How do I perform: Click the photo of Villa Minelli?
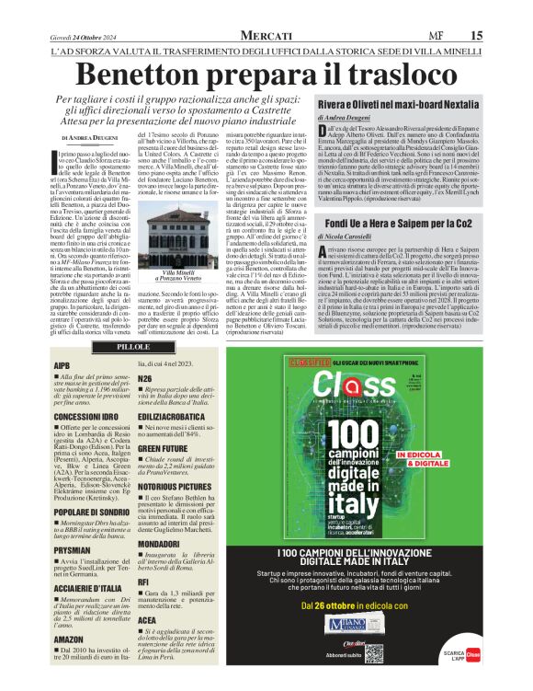(189, 237)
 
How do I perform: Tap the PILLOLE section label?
(133, 347)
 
